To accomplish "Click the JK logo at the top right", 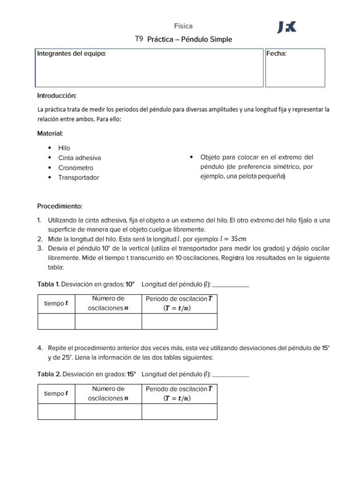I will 287,28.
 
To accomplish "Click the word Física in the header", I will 183,26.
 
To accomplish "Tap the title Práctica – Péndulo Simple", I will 189,39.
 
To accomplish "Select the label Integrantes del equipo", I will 71,53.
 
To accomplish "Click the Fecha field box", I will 295,68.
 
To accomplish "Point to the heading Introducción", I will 56,96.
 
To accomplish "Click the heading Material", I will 50,134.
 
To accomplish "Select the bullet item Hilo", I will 64,148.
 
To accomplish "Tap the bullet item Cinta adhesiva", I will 79,158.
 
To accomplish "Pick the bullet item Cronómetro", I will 75,168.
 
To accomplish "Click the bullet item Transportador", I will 78,178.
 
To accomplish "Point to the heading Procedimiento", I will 60,206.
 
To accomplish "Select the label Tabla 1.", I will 48,284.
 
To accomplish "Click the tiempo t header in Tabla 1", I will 56,303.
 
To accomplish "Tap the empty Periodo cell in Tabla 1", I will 179,322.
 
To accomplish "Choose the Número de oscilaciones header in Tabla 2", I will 108,394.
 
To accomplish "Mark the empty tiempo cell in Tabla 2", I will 56,412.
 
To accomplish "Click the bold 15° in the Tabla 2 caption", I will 131,374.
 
